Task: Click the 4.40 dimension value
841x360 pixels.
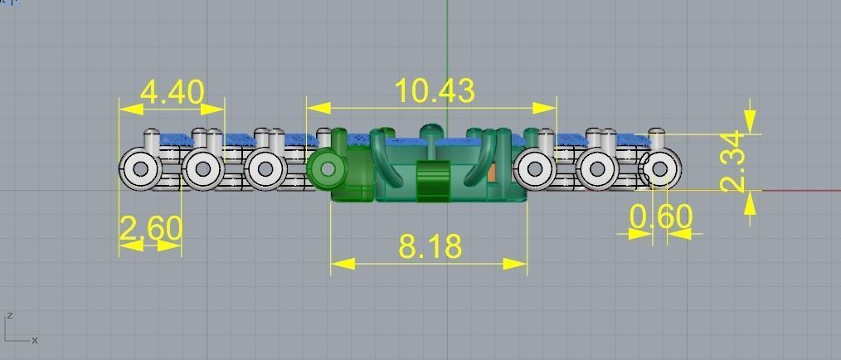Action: (x=172, y=91)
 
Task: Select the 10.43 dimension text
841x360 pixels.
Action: (x=435, y=90)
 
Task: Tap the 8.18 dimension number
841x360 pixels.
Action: (x=430, y=246)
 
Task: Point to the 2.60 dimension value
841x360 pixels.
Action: (x=150, y=228)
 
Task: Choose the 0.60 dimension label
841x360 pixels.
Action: (x=660, y=217)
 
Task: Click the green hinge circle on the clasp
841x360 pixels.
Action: (x=328, y=169)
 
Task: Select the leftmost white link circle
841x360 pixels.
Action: (x=140, y=169)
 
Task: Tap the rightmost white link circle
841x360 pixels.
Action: (x=660, y=169)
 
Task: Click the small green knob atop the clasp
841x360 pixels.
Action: (x=430, y=130)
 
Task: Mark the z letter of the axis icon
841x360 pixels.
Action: (x=8, y=316)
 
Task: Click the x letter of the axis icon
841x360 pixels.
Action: (x=34, y=340)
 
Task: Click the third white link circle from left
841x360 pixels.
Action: (x=265, y=169)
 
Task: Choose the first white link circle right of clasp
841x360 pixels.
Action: (x=534, y=169)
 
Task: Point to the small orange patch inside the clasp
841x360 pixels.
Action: (x=493, y=173)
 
